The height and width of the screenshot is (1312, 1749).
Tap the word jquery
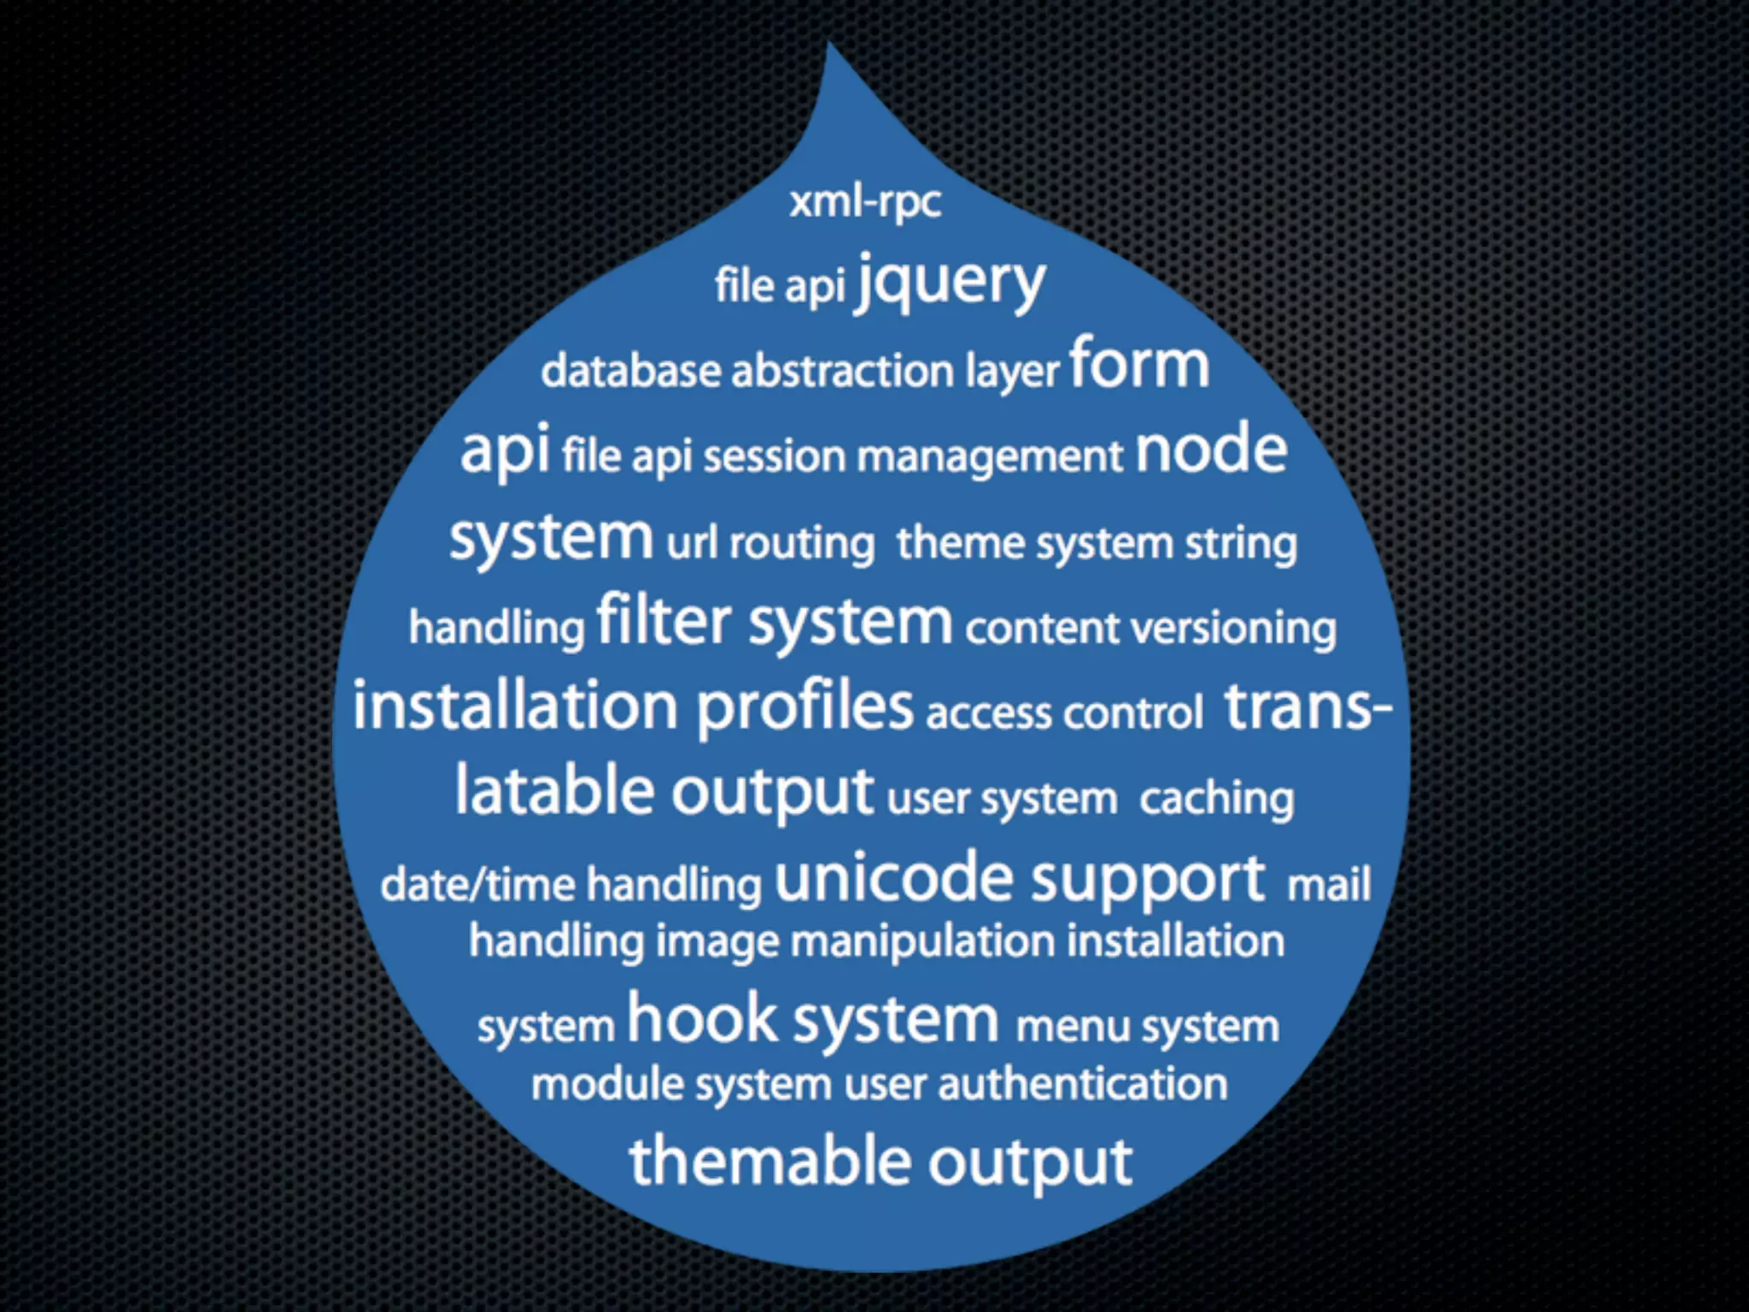coord(951,282)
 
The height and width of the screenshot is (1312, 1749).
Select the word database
coord(630,371)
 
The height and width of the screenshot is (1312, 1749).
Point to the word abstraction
coord(842,371)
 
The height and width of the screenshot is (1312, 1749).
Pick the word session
coord(774,456)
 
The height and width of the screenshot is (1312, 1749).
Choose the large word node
coord(1210,450)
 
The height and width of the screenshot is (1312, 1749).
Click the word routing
coord(802,543)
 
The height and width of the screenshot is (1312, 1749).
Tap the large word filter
coord(664,621)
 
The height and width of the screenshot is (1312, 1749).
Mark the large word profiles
coord(804,706)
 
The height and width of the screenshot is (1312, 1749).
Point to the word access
coord(988,713)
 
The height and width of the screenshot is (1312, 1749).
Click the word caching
coord(1216,799)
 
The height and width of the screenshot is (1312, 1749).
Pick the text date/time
coord(477,884)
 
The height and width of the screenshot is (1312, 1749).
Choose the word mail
coord(1328,884)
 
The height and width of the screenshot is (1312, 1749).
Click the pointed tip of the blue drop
coord(828,47)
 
